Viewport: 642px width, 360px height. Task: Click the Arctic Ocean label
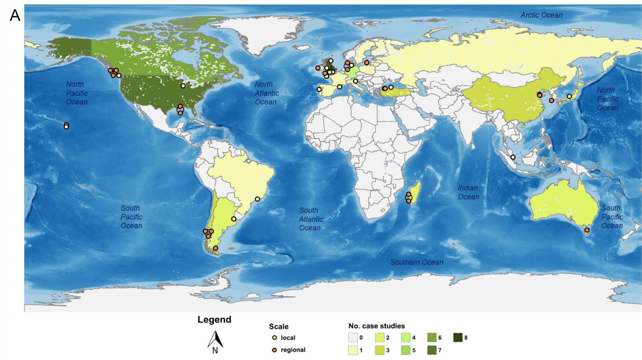tap(541, 15)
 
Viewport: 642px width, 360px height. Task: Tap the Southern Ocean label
tap(416, 262)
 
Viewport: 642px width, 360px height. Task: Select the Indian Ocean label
tap(468, 192)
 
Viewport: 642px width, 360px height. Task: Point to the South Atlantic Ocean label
tap(310, 219)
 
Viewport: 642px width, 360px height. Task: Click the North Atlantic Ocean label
tap(267, 93)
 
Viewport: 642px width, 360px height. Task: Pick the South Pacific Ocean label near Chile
tap(131, 217)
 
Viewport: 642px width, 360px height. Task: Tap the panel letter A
tap(15, 16)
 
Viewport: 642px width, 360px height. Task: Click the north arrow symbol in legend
tap(215, 340)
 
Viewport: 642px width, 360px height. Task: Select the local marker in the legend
tap(275, 338)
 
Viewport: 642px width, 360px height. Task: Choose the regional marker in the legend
tap(275, 350)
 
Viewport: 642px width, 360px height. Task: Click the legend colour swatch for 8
tap(458, 338)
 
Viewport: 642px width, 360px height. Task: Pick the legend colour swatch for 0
tap(353, 338)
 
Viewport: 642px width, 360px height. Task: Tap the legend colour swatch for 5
tap(406, 351)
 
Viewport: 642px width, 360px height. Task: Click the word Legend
tap(214, 320)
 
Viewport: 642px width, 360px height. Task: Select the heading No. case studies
tap(376, 326)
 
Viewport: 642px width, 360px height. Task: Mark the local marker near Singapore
tap(513, 157)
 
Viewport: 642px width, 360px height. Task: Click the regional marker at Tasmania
tap(587, 231)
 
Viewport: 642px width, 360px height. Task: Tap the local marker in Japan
tap(569, 96)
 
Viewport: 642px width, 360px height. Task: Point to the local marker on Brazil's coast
tap(257, 199)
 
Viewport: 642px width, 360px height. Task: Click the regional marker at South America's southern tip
tap(215, 248)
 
